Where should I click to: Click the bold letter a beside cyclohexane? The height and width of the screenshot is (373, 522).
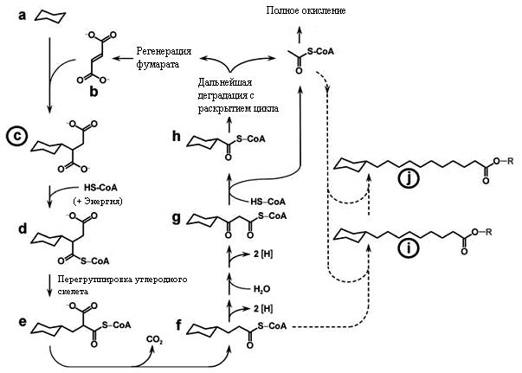coord(22,16)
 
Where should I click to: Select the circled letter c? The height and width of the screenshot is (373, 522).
coord(16,137)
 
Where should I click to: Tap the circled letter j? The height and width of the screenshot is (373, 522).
coord(408,180)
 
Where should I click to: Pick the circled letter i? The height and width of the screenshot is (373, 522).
coord(408,249)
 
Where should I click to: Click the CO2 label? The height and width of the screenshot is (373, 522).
coord(154,340)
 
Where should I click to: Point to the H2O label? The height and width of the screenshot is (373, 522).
coord(261,289)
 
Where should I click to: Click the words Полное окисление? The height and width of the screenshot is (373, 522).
coord(306,10)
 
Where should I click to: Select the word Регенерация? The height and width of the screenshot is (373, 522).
coord(164,52)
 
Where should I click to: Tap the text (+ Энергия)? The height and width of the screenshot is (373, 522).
coord(98,202)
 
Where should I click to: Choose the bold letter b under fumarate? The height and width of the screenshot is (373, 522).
coord(93,91)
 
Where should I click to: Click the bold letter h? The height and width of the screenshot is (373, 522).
coord(176,136)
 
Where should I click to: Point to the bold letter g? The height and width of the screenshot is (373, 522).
coord(176,218)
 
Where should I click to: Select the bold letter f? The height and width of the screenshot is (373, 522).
coord(179,325)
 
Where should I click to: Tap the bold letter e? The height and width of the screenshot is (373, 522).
coord(23,322)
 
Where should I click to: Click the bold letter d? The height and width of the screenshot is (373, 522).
coord(23,228)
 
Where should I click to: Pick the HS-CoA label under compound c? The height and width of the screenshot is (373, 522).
coord(100,188)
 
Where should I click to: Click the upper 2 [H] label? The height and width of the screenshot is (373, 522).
coord(263,254)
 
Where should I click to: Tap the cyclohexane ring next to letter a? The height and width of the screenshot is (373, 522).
coord(50,17)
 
